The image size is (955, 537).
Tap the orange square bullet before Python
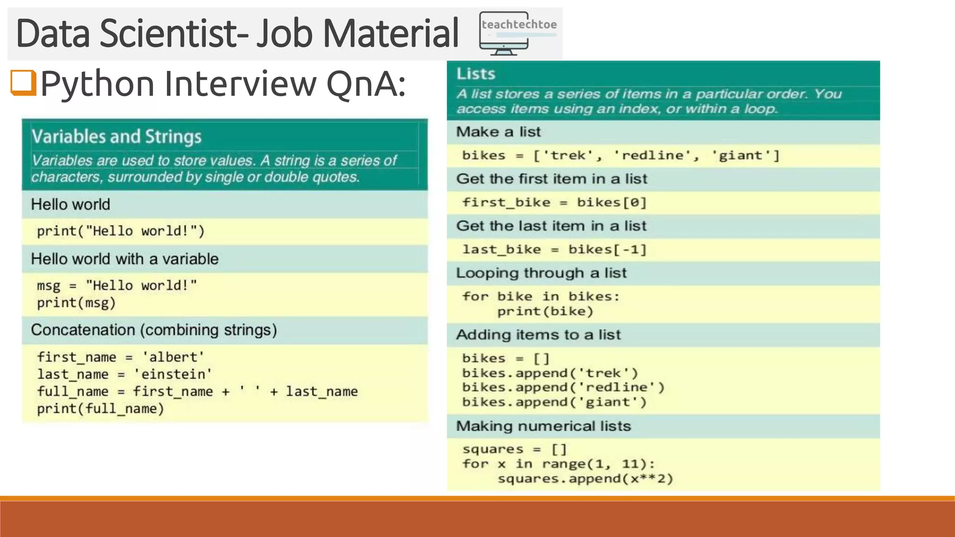(23, 83)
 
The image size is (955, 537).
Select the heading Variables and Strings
(117, 137)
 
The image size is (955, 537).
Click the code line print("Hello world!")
(120, 231)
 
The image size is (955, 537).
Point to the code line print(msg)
(76, 303)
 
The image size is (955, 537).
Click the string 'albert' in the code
(173, 357)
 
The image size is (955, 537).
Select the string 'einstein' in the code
(173, 374)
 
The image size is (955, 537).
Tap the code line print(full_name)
(100, 409)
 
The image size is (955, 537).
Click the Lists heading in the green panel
(476, 74)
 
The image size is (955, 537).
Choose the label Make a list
(498, 132)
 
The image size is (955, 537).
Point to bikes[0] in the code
(611, 202)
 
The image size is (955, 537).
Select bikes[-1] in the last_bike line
(607, 249)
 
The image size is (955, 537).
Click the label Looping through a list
(541, 273)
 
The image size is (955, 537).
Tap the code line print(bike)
(545, 311)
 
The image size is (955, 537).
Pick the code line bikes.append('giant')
(554, 402)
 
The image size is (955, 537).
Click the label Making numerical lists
(543, 426)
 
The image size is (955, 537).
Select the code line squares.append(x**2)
(585, 479)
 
